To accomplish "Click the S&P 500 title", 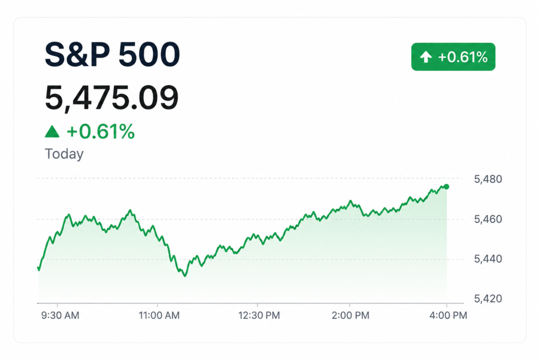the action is coord(112,54).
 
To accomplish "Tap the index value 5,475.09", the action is coord(112,98).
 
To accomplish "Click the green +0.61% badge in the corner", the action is coord(453,57).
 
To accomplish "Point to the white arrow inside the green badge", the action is coord(426,57).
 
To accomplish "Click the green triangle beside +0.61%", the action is coord(52,131).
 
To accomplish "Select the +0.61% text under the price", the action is coord(101,131).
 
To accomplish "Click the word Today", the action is coord(64,154).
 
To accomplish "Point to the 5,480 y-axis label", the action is coord(488,179).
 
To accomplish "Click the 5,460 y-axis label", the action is coord(488,219).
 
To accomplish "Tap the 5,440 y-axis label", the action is coord(488,259).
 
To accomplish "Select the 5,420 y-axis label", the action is coord(488,298).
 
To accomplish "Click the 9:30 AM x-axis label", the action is coord(60,315).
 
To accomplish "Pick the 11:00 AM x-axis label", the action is coord(159,315).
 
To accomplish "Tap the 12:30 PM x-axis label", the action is coord(259,315).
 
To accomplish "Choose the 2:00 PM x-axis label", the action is coord(351,315).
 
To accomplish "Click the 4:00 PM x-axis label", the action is coord(448,315).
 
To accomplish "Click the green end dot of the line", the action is coord(447,187).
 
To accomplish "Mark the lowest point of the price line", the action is coord(185,276).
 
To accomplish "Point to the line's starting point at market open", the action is coord(38,267).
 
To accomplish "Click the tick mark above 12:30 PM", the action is coord(257,305).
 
